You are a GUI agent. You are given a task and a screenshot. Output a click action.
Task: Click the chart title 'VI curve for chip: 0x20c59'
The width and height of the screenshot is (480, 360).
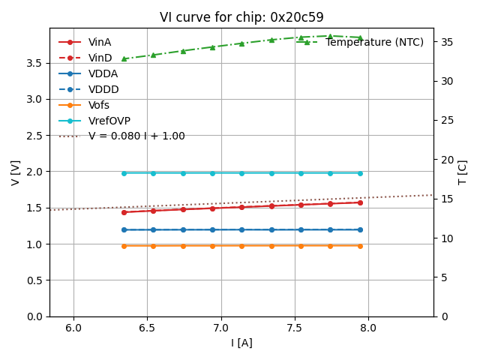[x=241, y=17]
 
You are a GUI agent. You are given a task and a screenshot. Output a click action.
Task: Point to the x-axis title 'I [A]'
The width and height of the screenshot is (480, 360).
[x=241, y=343]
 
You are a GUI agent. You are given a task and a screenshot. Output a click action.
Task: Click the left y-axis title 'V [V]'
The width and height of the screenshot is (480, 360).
[x=16, y=172]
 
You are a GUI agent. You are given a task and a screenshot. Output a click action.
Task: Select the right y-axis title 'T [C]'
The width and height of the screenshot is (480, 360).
[x=463, y=172]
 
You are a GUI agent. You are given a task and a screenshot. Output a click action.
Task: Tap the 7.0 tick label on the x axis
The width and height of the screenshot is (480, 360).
[x=220, y=328]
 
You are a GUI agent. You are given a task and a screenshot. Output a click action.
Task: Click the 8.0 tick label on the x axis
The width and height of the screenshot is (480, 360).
[x=368, y=328]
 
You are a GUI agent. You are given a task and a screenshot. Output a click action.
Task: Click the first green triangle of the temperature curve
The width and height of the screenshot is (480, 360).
[x=124, y=58]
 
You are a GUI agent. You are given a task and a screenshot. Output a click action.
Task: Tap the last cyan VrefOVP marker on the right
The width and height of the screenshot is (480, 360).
[x=360, y=173]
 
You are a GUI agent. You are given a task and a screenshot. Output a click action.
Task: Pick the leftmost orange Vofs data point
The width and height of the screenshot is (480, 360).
[x=124, y=246]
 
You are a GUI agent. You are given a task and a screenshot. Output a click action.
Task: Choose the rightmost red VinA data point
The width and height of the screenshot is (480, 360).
[x=360, y=202]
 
